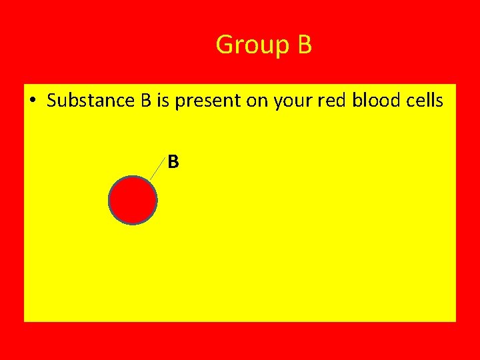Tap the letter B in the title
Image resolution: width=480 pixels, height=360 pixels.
click(304, 45)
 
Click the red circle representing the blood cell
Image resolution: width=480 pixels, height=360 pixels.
click(133, 200)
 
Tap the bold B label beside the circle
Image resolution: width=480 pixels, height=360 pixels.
click(173, 161)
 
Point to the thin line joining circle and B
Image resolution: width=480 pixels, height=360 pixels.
click(157, 171)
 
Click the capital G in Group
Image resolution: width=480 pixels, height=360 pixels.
click(224, 45)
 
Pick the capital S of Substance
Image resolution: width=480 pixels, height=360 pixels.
click(52, 101)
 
